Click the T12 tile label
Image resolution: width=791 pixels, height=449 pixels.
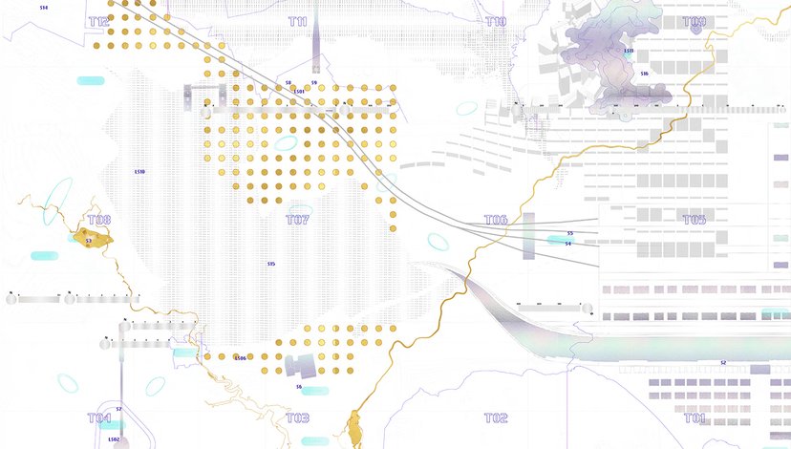tap(98, 21)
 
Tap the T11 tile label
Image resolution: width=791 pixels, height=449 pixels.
tap(297, 21)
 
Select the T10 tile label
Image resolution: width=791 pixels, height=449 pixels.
tap(496, 21)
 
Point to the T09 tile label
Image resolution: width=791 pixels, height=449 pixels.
tap(695, 21)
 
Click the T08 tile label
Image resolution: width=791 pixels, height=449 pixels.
tap(98, 220)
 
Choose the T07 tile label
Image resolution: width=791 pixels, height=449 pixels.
tap(297, 220)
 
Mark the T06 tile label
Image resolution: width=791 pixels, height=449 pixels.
tap(496, 220)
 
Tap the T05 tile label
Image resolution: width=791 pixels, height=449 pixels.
tap(695, 220)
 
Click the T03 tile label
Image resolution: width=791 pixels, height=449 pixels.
tap(297, 418)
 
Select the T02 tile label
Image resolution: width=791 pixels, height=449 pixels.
tap(496, 418)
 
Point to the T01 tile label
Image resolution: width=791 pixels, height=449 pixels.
tap(695, 418)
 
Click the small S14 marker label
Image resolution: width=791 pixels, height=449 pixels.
tap(44, 7)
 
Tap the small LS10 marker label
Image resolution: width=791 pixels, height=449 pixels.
tap(139, 172)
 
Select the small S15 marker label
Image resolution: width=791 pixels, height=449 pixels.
tap(271, 264)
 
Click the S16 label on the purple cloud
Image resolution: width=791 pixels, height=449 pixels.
tap(644, 74)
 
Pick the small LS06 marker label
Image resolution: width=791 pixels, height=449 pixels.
tap(240, 358)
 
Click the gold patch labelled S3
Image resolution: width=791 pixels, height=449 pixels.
tap(92, 239)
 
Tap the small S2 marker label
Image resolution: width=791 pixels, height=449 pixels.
tap(723, 363)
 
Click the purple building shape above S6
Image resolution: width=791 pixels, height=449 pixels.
tap(300, 365)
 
